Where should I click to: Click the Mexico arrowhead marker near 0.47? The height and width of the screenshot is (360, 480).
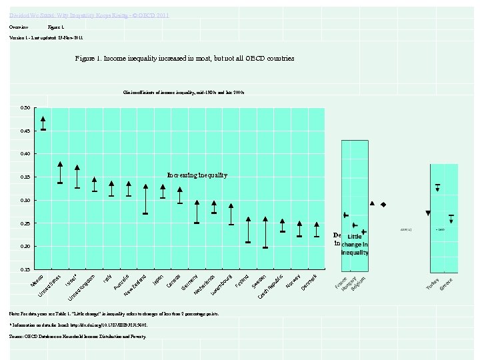[43, 119]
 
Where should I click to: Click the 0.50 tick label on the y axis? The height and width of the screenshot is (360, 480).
[25, 107]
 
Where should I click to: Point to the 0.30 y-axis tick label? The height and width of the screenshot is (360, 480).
[25, 200]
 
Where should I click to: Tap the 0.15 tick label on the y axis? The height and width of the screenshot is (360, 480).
[25, 269]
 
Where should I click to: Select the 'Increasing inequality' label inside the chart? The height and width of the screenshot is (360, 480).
[197, 175]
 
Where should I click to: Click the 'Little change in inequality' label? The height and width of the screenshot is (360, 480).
[355, 245]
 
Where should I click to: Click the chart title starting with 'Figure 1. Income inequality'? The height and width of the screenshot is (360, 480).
[185, 59]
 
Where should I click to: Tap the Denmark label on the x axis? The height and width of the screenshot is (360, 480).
[313, 282]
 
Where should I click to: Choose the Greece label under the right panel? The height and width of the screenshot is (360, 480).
[447, 283]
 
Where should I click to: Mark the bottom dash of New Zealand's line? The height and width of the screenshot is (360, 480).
[145, 213]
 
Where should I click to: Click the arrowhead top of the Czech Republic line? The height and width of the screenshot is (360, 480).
[265, 219]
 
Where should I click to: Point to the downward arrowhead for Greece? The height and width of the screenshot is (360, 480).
[451, 221]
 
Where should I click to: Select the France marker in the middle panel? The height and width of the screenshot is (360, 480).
[345, 215]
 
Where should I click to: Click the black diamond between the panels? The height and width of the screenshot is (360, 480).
[383, 204]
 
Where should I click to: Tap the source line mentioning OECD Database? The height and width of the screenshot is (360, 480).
[77, 337]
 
